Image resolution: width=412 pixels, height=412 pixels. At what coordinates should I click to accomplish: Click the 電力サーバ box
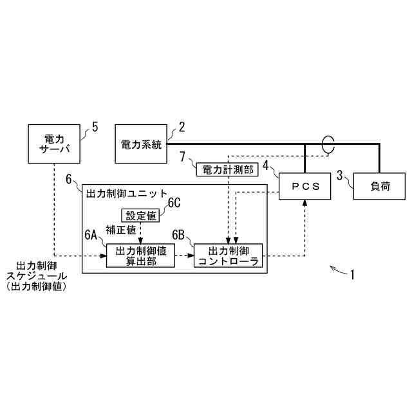pyautogui.click(x=54, y=145)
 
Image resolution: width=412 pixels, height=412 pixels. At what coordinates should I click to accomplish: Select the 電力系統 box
pyautogui.click(x=140, y=145)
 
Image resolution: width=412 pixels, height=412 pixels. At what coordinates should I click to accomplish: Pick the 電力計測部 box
pyautogui.click(x=225, y=169)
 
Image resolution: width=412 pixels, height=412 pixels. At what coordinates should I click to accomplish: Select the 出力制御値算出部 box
pyautogui.click(x=140, y=255)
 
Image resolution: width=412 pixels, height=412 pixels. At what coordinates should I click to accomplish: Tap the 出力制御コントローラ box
pyautogui.click(x=229, y=255)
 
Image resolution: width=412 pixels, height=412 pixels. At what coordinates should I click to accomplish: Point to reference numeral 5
pyautogui.click(x=95, y=126)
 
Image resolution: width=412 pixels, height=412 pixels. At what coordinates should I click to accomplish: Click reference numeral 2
pyautogui.click(x=182, y=126)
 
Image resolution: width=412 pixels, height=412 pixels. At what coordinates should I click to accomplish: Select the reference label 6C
pyautogui.click(x=174, y=203)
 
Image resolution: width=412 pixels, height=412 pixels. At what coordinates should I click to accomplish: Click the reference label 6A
pyautogui.click(x=91, y=236)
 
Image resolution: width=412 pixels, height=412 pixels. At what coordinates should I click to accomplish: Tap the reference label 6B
pyautogui.click(x=179, y=236)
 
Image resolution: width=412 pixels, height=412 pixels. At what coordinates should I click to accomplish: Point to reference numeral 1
pyautogui.click(x=352, y=275)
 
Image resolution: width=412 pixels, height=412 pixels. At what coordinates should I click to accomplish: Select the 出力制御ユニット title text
pyautogui.click(x=126, y=193)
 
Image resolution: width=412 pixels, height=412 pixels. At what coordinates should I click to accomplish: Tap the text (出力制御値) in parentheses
pyautogui.click(x=41, y=287)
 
